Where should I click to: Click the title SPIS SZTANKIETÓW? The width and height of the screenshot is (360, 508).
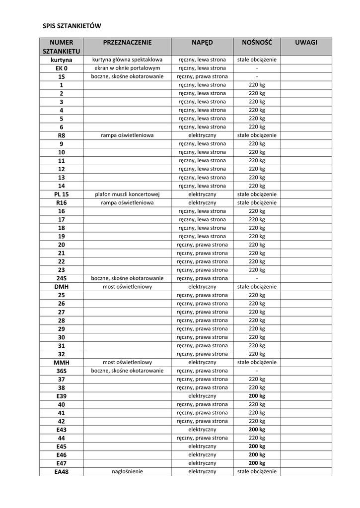[x=72, y=25]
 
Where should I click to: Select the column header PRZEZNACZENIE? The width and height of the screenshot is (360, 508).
[x=127, y=43]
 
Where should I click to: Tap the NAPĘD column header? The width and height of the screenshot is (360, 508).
[x=202, y=43]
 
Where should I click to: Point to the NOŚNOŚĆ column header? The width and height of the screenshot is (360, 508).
[x=257, y=43]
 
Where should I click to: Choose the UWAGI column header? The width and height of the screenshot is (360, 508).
[x=306, y=43]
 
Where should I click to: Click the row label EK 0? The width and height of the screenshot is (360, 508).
[x=62, y=68]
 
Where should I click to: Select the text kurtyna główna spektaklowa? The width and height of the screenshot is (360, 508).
[x=128, y=60]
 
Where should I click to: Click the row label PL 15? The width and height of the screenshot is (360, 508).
[x=62, y=194]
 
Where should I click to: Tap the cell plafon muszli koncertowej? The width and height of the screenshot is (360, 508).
[x=128, y=194]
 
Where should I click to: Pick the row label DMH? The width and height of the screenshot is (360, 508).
[x=62, y=287]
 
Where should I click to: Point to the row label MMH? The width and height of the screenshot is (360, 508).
[x=62, y=363]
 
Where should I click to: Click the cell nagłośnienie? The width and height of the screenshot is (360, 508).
[x=128, y=472]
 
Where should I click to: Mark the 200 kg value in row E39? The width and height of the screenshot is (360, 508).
[x=257, y=396]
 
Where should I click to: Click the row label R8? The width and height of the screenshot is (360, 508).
[x=62, y=135]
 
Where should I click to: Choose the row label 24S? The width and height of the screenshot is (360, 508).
[x=62, y=279]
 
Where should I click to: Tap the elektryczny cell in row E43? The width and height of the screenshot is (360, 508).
[x=202, y=430]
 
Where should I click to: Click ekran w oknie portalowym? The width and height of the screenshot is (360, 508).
[x=128, y=68]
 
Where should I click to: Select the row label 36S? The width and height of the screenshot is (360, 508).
[x=62, y=371]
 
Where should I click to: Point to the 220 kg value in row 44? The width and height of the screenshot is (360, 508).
[x=257, y=438]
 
